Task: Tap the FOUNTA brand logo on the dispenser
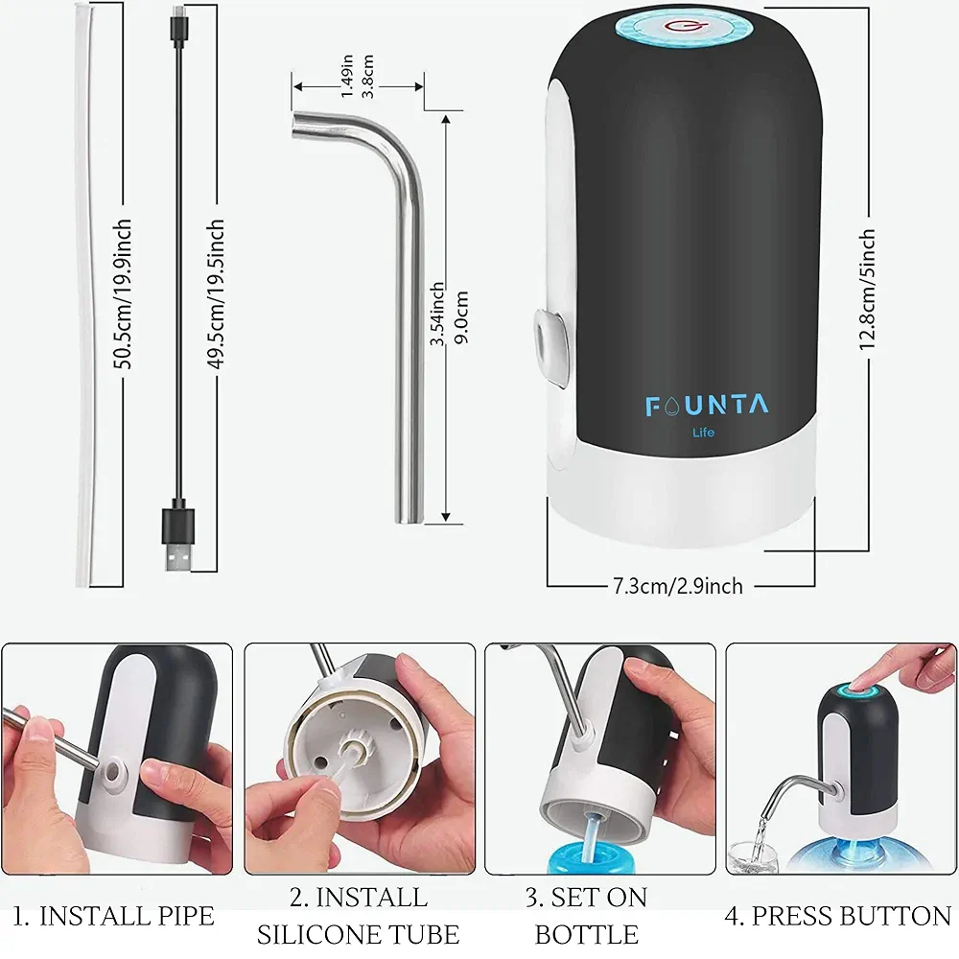click(x=707, y=406)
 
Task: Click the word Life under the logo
click(x=703, y=433)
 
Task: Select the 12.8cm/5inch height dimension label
click(x=867, y=291)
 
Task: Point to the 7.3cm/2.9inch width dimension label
click(x=678, y=586)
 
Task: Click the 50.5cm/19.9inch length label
click(x=123, y=293)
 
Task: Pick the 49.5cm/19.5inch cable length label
click(x=216, y=294)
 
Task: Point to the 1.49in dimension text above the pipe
click(x=347, y=76)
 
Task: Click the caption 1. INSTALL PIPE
click(x=114, y=916)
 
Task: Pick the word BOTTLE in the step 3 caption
click(x=587, y=934)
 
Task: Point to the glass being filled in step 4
click(x=752, y=856)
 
